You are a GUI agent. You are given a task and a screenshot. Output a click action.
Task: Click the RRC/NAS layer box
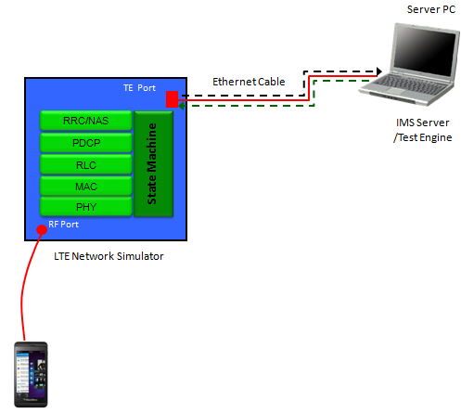(86, 121)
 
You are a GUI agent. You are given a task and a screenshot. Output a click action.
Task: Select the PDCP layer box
(86, 143)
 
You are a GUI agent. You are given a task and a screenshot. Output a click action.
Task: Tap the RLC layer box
(86, 164)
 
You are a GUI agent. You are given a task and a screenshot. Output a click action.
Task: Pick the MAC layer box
(86, 187)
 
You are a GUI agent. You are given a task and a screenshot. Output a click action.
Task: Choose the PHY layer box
(86, 206)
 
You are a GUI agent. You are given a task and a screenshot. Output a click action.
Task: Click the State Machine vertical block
(154, 163)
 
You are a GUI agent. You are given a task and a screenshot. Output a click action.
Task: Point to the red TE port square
(172, 99)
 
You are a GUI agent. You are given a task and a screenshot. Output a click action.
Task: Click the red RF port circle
(42, 230)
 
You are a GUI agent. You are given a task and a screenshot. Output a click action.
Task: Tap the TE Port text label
(139, 88)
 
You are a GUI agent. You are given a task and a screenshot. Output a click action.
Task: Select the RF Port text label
(63, 225)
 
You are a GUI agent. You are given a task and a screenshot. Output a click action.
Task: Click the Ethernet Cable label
(249, 82)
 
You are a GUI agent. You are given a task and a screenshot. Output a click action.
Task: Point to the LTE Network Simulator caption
(109, 256)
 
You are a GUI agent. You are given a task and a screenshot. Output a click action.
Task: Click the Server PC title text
(431, 9)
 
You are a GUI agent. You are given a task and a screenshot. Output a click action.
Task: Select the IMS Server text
(422, 123)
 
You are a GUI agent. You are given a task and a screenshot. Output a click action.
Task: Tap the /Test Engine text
(422, 137)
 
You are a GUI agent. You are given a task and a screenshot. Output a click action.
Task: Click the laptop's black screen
(426, 50)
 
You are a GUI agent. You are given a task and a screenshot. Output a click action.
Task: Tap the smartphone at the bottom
(31, 374)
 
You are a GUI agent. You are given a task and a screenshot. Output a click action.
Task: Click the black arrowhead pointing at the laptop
(379, 71)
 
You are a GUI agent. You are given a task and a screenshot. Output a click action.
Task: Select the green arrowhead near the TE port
(182, 106)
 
